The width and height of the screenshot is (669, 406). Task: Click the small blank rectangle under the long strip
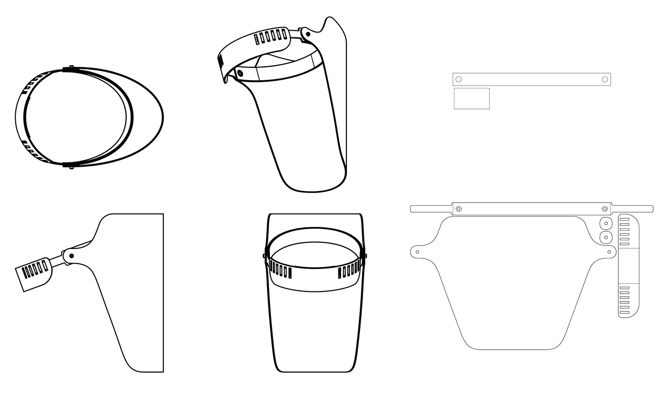coord(472,98)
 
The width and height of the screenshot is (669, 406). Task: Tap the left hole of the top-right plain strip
coord(459,79)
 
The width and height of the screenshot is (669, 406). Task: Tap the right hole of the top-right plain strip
coord(605,79)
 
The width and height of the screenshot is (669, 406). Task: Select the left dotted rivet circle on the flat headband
coord(459,209)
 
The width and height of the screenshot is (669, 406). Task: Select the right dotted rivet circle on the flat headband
coord(605,209)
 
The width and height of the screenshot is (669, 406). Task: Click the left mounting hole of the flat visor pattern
coord(418,252)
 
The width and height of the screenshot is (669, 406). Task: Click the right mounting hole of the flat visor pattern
coord(609,252)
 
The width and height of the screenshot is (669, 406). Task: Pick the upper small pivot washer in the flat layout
coord(606,224)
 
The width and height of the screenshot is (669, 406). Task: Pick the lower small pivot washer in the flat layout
coord(606,237)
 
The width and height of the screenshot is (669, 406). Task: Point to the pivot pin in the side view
coord(71,256)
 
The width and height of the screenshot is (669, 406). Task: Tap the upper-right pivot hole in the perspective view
coord(308,34)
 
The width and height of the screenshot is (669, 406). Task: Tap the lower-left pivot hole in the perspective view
coord(240,73)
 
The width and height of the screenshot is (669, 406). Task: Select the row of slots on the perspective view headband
coord(271,37)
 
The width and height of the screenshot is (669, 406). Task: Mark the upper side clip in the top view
coord(71,68)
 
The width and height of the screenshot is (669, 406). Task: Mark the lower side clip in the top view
coord(71,166)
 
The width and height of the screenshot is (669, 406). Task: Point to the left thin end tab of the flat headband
coord(431,209)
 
